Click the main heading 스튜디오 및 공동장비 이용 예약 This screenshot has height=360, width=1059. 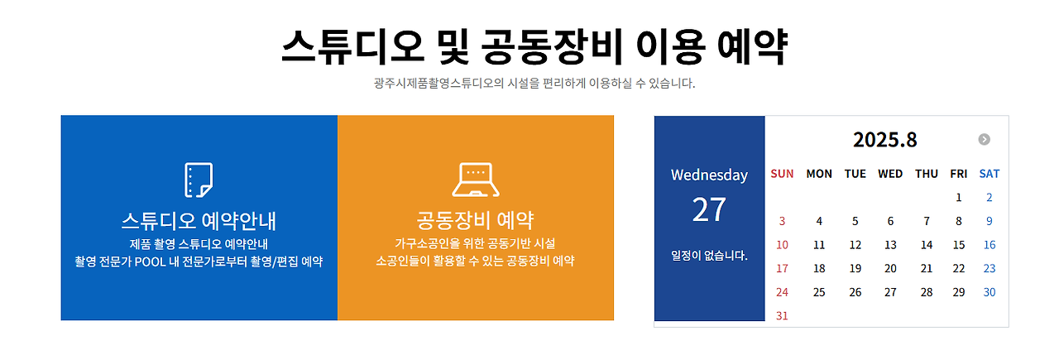534,47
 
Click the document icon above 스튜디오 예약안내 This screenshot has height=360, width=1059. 199,180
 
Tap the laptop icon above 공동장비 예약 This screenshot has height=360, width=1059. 476,180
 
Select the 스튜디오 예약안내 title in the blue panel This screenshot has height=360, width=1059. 199,221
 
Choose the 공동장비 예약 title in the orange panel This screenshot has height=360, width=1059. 476,221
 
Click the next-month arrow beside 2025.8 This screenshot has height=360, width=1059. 984,140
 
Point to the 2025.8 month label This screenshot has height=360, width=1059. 884,140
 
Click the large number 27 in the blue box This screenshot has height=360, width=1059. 709,210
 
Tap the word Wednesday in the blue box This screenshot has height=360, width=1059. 709,175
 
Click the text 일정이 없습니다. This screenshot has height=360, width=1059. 709,256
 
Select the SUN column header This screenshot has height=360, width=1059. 782,174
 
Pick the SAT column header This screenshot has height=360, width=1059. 989,174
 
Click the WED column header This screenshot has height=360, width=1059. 890,174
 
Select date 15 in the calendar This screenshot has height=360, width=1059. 959,245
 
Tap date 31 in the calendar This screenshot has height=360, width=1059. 782,316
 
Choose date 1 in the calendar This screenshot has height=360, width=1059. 959,198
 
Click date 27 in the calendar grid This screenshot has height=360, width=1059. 890,292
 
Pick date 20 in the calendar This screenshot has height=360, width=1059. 890,269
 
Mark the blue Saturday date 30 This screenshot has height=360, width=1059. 990,292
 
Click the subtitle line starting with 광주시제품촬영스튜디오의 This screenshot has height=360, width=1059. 534,84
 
